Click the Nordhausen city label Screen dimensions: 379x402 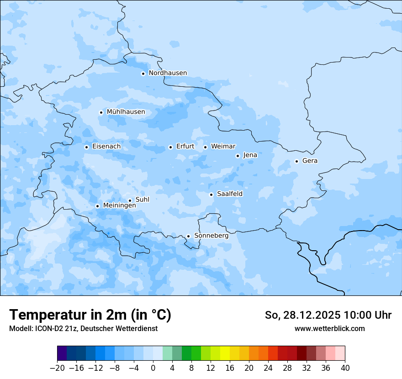tap(168, 73)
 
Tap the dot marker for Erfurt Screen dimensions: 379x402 tap(170, 147)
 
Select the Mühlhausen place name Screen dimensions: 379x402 tap(126, 112)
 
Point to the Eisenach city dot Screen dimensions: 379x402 tap(86, 147)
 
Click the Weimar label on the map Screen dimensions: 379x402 tap(223, 147)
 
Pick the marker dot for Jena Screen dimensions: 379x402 tap(238, 156)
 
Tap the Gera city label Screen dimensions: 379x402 tap(310, 161)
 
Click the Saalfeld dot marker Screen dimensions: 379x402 tap(211, 195)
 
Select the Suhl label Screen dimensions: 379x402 tap(143, 200)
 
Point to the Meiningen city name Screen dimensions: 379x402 tap(119, 206)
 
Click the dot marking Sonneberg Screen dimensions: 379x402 tap(188, 236)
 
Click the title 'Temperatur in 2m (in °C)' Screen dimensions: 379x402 tap(90, 315)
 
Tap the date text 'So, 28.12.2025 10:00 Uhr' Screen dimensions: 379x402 tap(328, 315)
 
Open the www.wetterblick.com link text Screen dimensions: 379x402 tap(329, 328)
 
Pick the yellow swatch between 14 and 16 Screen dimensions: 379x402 tap(225, 353)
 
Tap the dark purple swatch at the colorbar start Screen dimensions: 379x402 tap(62, 353)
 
